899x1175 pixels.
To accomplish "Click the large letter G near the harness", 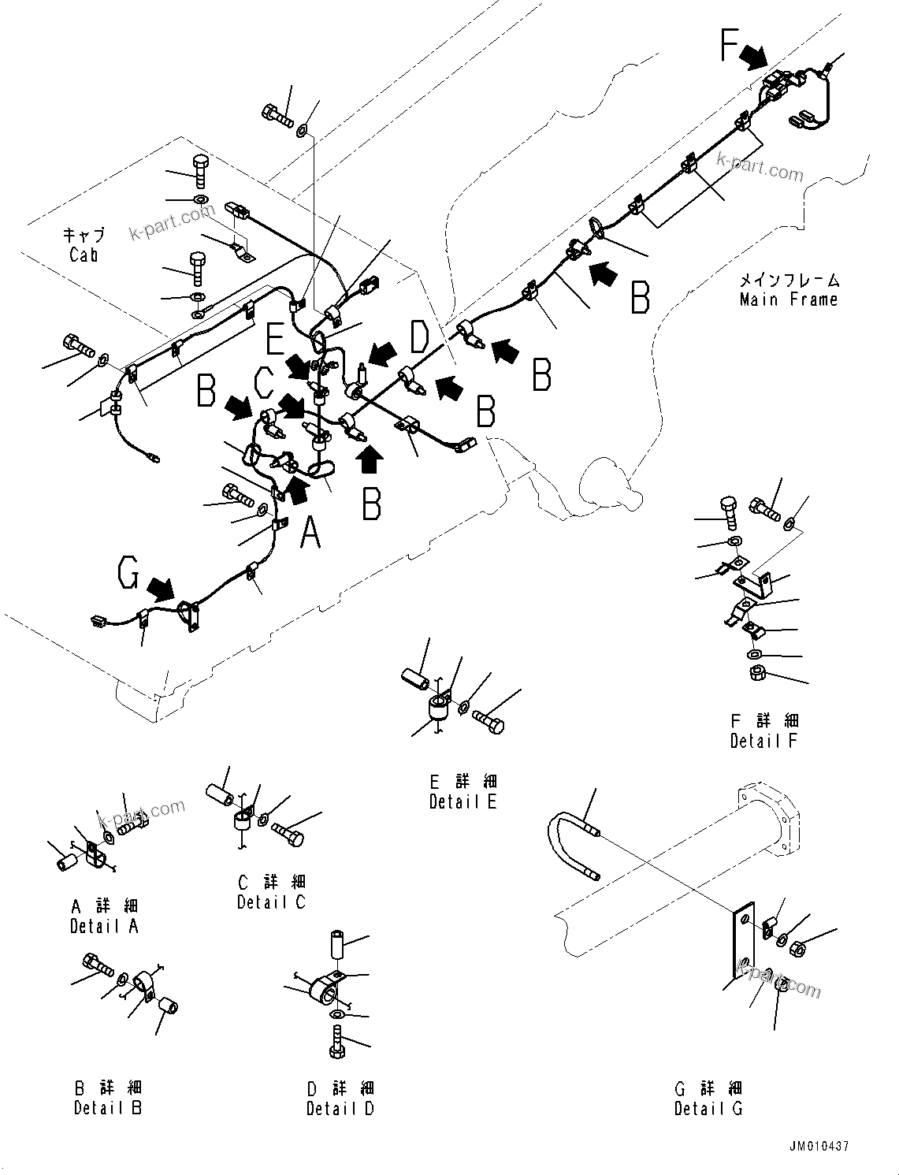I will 129,574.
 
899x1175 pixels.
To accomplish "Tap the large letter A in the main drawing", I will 311,533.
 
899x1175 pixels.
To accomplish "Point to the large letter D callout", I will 419,337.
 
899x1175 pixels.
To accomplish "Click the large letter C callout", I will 264,384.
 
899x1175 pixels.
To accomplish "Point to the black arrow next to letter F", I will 753,56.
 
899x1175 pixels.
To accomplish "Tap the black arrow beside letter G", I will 162,588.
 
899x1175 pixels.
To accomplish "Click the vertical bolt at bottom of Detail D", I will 337,1042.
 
